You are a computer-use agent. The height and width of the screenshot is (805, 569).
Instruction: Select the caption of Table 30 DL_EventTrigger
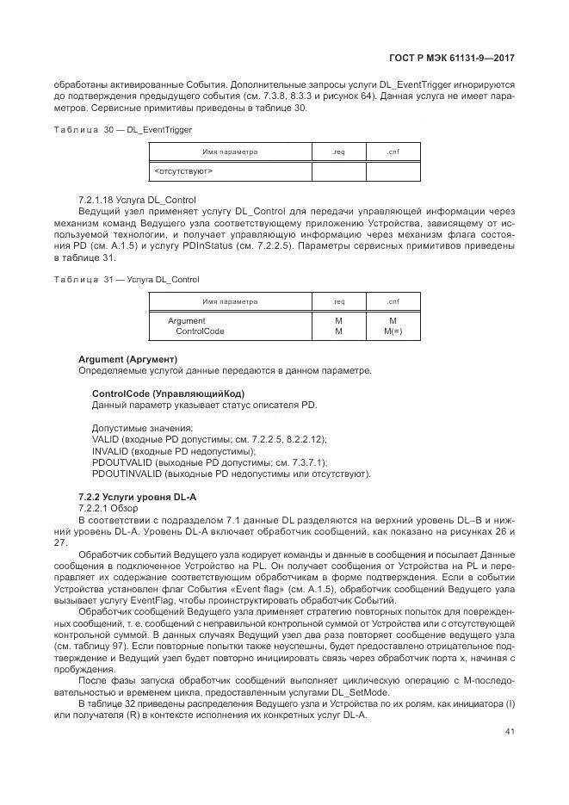tap(123, 129)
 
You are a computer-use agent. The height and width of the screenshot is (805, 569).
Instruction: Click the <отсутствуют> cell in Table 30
tap(183, 171)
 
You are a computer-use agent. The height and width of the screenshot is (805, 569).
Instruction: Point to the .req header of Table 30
tap(338, 152)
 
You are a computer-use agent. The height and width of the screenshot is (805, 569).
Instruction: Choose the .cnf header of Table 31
tap(393, 302)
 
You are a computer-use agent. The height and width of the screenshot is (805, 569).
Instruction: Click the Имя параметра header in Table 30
tap(230, 152)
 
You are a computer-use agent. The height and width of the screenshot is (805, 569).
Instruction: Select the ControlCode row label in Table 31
tap(200, 331)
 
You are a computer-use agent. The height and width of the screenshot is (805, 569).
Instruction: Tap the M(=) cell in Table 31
tap(393, 331)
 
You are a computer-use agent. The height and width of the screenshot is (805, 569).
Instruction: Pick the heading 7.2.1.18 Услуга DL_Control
tap(137, 200)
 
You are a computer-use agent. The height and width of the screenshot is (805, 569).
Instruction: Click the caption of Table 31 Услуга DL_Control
tap(127, 280)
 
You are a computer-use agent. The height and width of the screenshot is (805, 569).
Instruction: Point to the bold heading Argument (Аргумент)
tap(127, 358)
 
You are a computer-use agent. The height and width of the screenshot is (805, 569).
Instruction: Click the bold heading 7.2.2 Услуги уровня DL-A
tap(138, 497)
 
